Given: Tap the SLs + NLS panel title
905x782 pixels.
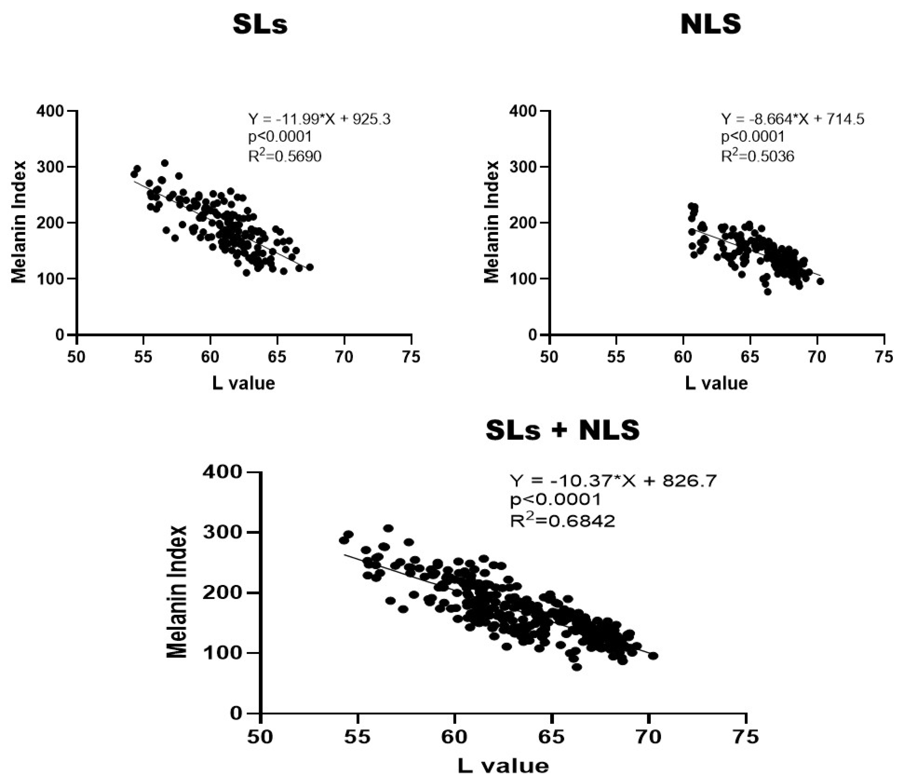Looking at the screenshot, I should pos(563,431).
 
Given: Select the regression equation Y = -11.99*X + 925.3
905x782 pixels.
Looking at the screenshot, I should pos(319,119).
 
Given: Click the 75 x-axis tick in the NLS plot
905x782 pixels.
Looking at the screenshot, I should pos(884,357).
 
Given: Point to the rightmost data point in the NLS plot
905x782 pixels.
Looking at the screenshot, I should pos(820,282).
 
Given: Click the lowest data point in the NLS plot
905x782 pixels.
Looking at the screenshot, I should pos(767,291).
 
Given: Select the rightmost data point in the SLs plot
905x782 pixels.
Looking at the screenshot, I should pos(310,267).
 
